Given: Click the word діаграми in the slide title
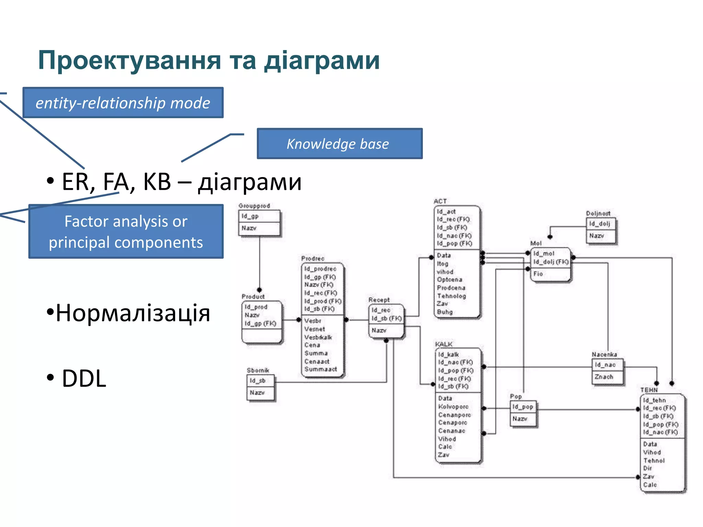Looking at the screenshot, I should [322, 61].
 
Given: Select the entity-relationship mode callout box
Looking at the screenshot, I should [123, 103].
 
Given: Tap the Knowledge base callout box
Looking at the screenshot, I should [339, 144].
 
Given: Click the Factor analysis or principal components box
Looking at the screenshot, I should [126, 232].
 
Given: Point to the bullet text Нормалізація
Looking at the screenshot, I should [132, 313].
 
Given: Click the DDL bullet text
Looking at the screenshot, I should [84, 378].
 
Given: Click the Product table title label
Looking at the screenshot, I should [253, 296].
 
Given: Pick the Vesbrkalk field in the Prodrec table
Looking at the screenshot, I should [318, 337].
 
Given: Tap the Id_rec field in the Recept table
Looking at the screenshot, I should [381, 310].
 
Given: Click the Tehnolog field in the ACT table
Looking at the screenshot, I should [451, 296].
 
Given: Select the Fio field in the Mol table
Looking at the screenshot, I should [538, 274].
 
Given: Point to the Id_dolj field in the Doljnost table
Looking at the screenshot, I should [599, 224].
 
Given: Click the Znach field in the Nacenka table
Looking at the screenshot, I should [603, 377].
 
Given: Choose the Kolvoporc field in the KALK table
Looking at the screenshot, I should [453, 407].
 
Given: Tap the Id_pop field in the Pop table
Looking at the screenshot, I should [522, 407].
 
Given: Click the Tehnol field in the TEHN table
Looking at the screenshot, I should [654, 460].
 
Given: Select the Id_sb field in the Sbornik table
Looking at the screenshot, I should [257, 380].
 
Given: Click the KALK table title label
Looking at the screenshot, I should [443, 344].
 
